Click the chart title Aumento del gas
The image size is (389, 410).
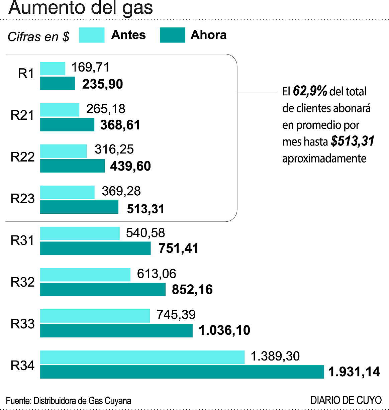point(81,8)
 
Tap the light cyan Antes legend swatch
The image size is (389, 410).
point(92,35)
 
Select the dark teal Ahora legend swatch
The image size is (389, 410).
point(172,35)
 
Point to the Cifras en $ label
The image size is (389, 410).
point(38,36)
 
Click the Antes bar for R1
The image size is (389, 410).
point(53,69)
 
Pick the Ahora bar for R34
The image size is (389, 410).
point(182,372)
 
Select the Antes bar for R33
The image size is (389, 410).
point(95,316)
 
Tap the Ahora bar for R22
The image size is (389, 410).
point(72,166)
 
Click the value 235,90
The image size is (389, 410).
point(103,84)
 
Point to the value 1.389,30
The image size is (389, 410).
point(275,356)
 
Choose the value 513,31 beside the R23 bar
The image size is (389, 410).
point(146,209)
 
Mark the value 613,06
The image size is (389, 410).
point(157,274)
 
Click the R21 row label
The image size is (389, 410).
point(22,115)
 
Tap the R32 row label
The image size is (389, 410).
point(22,282)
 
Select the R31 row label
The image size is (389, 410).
point(22,240)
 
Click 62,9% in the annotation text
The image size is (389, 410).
point(310,91)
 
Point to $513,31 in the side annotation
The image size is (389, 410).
point(353,141)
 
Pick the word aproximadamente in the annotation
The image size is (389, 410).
point(324,158)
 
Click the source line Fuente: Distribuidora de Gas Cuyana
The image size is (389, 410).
point(69,401)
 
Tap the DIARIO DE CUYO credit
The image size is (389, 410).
point(346,400)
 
